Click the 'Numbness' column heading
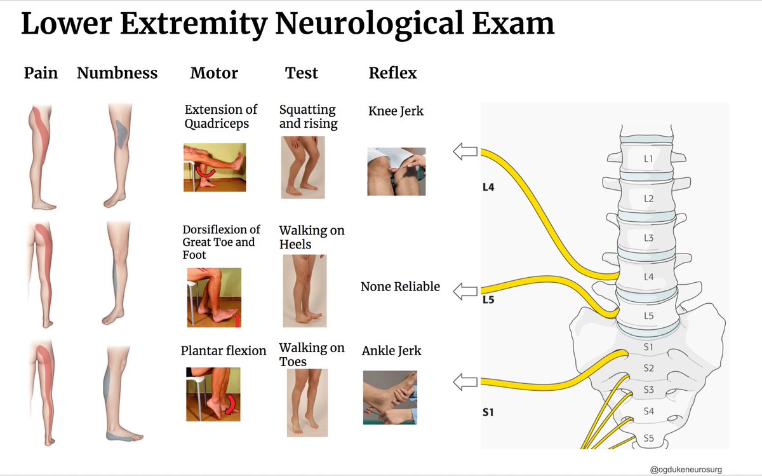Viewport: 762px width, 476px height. [117, 73]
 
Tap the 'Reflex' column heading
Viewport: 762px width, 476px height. [392, 73]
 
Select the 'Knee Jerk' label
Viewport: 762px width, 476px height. [396, 111]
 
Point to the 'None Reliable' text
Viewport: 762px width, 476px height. [400, 287]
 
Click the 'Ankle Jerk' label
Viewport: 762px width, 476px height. [391, 350]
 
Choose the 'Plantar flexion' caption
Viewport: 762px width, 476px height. [224, 350]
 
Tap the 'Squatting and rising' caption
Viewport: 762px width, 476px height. [308, 116]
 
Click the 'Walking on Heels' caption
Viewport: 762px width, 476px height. [311, 237]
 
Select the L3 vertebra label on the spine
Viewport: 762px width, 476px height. [648, 238]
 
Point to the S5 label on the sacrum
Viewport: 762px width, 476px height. [648, 438]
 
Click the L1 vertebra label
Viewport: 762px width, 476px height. [648, 160]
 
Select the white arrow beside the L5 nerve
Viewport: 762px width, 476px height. [464, 292]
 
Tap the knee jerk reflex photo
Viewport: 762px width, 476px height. [396, 172]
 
